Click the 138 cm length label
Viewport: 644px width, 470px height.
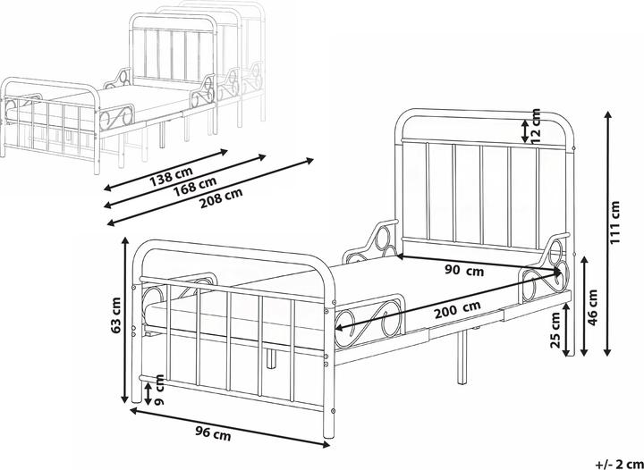pyautogui.click(x=172, y=175)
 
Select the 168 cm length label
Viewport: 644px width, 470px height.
pyautogui.click(x=195, y=187)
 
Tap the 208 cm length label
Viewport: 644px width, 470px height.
pyautogui.click(x=221, y=199)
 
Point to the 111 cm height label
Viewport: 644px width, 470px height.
pyautogui.click(x=614, y=222)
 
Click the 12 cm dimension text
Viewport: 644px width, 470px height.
pyautogui.click(x=537, y=126)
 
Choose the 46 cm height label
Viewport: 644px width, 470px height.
pyautogui.click(x=592, y=308)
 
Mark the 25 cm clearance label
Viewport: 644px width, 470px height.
pyautogui.click(x=555, y=330)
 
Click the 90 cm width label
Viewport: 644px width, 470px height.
pyautogui.click(x=464, y=270)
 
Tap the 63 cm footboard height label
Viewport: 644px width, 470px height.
pyautogui.click(x=116, y=315)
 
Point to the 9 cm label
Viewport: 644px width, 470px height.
pyautogui.click(x=159, y=390)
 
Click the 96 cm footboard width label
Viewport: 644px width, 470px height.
pyautogui.click(x=213, y=433)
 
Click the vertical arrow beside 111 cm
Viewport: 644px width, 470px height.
pyautogui.click(x=607, y=234)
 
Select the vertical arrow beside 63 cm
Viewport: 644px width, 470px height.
pyautogui.click(x=126, y=319)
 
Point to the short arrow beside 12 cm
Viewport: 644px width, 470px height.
pyautogui.click(x=525, y=130)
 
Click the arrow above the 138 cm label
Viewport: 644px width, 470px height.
pyautogui.click(x=165, y=170)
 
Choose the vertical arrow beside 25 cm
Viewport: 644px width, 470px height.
pyautogui.click(x=566, y=329)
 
